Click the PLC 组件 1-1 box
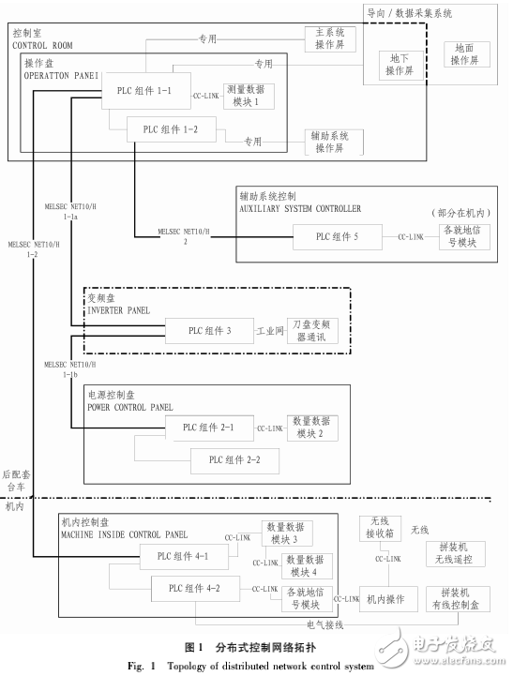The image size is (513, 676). pos(143,94)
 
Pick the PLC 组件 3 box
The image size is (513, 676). pos(209,330)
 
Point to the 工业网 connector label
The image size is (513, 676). pos(270,330)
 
